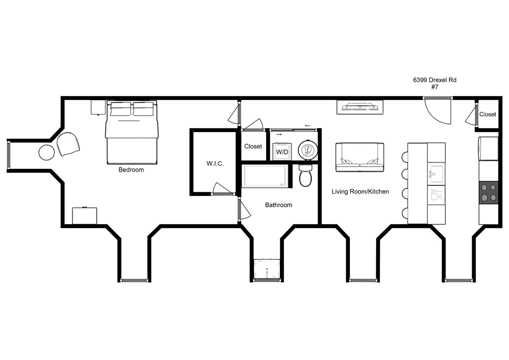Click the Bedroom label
tap(131, 170)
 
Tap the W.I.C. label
tap(215, 163)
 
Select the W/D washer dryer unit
tap(282, 152)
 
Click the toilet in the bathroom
tap(305, 175)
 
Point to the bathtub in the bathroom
tap(265, 176)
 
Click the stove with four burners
tap(489, 193)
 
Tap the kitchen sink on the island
tap(436, 174)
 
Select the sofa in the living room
tap(360, 157)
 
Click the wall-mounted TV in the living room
tap(360, 107)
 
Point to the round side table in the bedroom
tap(47, 153)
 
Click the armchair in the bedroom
tap(68, 144)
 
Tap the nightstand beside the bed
tap(98, 107)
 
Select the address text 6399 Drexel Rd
tap(434, 80)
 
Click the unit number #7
tap(434, 87)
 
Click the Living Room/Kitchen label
tap(360, 192)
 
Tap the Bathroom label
tap(279, 205)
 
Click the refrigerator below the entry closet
tap(489, 149)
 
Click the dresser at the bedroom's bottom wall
tap(85, 216)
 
